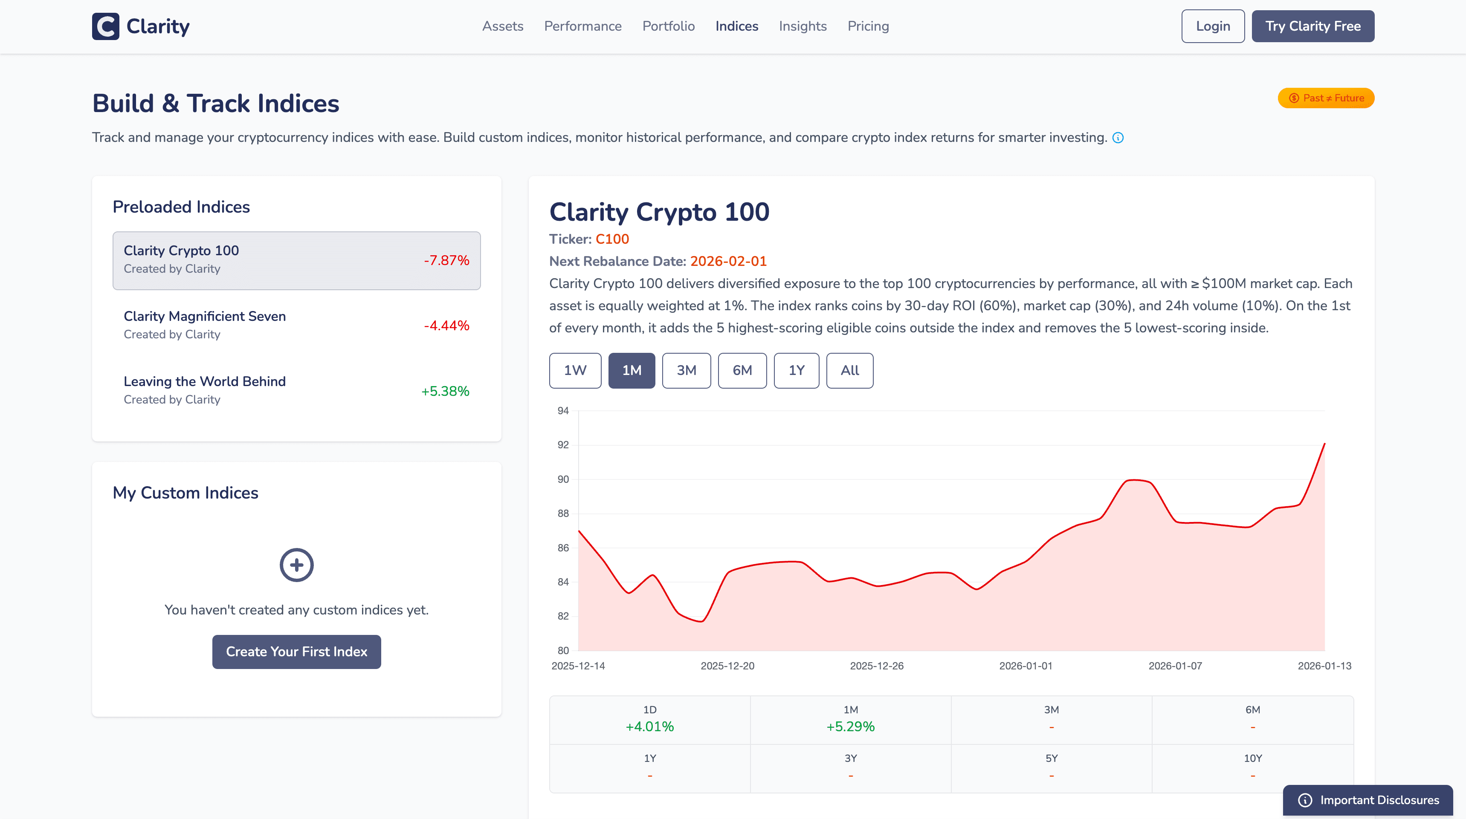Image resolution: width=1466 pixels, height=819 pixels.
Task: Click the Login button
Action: (1212, 26)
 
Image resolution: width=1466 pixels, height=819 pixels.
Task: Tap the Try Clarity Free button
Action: (1312, 26)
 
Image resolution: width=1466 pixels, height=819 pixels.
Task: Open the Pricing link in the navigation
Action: (868, 26)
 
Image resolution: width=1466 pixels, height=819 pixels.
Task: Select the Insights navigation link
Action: (803, 26)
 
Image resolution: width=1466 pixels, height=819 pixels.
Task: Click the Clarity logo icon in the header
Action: (106, 26)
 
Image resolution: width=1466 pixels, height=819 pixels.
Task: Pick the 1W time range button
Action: (575, 370)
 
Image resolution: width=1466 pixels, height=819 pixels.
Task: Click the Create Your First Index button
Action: (296, 651)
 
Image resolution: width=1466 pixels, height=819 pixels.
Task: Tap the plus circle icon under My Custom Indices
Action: (296, 565)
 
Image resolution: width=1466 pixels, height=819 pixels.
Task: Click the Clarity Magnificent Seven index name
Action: (205, 316)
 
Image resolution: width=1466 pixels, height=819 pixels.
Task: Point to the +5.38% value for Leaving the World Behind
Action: (445, 391)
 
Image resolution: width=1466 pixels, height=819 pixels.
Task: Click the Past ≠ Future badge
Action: (1326, 98)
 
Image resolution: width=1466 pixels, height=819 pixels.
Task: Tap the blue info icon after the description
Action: (1118, 138)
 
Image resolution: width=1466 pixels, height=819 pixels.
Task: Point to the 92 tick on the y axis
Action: (563, 445)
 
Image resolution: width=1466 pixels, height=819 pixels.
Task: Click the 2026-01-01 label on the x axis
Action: (1026, 666)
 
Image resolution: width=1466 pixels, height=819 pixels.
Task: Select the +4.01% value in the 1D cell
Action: (649, 726)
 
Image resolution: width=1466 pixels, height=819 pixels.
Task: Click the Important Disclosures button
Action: (1367, 800)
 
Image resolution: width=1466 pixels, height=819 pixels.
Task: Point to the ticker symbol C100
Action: (612, 239)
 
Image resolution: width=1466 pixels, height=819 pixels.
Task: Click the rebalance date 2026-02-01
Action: (728, 261)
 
